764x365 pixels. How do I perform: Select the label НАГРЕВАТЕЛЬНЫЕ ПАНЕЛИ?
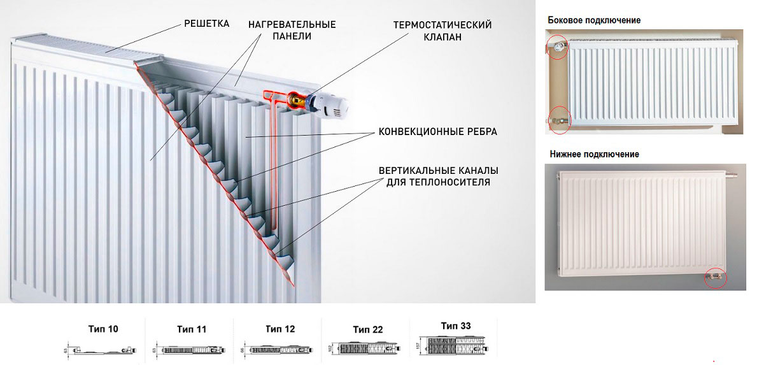click(x=292, y=30)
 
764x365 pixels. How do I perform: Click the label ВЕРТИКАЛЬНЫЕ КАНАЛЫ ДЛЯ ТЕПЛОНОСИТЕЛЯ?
click(x=438, y=176)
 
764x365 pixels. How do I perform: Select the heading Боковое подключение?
click(x=593, y=20)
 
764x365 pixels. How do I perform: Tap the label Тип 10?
click(x=103, y=329)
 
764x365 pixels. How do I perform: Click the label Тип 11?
click(x=191, y=329)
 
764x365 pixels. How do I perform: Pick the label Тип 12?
click(x=279, y=329)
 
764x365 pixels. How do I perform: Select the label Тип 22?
click(x=367, y=329)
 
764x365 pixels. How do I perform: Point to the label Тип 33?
click(x=456, y=326)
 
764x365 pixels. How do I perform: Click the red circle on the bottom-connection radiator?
click(x=716, y=278)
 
